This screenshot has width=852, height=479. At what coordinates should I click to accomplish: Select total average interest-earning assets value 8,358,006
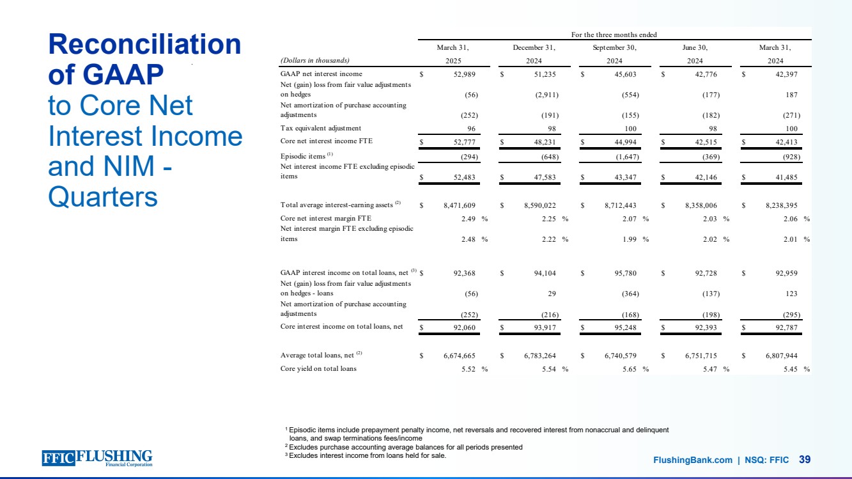699,205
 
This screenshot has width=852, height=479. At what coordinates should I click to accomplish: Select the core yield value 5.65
629,369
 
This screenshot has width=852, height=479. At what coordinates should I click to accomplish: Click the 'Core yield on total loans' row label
318,369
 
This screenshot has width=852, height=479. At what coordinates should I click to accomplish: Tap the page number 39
805,459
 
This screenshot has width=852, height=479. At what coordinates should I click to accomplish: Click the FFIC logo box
58,457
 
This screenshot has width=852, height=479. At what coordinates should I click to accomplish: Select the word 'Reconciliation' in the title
144,45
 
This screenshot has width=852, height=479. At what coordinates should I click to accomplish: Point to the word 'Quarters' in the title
103,197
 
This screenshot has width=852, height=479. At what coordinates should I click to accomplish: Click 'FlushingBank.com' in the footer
692,460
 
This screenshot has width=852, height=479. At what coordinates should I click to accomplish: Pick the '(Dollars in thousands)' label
315,60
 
